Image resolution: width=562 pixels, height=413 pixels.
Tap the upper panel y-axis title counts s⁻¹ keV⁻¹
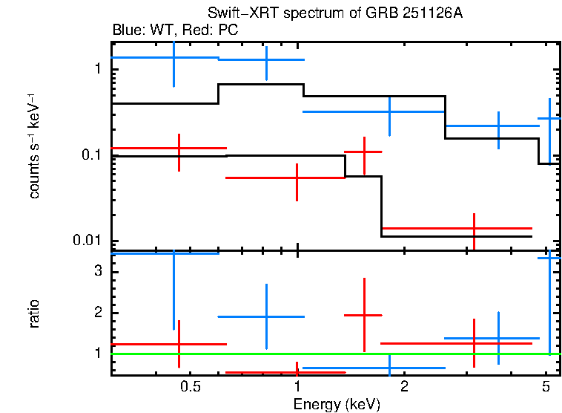(34, 146)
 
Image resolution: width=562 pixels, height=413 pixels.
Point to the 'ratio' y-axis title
(34, 313)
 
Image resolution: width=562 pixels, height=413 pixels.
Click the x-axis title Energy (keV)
(337, 405)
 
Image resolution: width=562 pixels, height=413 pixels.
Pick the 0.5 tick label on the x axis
(191, 387)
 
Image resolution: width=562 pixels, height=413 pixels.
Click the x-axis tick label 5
(546, 387)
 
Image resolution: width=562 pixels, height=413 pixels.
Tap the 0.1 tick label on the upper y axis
(92, 155)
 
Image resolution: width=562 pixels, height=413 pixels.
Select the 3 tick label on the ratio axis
(97, 272)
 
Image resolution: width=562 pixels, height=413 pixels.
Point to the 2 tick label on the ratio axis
(97, 313)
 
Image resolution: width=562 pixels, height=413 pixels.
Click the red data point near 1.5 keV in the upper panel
(364, 152)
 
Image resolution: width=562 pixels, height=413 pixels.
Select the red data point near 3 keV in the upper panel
(474, 228)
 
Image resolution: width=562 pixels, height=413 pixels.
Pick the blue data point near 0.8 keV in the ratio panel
(266, 316)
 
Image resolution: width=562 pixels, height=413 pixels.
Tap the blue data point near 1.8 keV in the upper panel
(390, 111)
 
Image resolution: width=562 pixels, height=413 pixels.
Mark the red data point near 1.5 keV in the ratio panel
(364, 315)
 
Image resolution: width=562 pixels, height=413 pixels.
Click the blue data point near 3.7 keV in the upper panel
(498, 126)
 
